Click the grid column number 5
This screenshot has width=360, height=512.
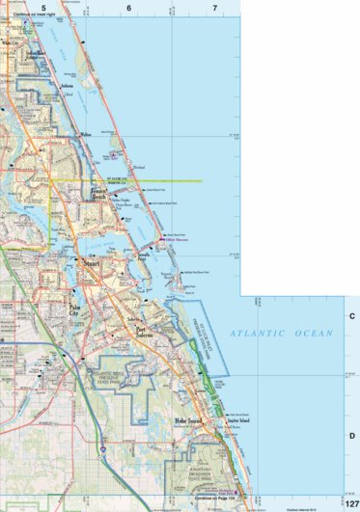[42, 7]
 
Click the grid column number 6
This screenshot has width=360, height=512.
[128, 7]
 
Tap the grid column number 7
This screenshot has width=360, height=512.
[214, 7]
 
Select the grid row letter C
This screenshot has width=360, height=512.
[352, 315]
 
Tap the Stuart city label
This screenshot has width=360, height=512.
[92, 260]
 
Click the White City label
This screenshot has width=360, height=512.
[12, 43]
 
